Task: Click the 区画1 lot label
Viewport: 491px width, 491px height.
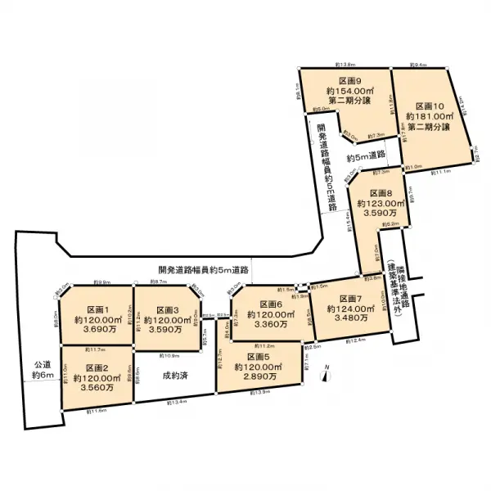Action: [x=97, y=309]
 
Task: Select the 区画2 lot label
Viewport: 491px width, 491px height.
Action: [x=97, y=367]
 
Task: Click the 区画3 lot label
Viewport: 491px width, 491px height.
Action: [x=167, y=309]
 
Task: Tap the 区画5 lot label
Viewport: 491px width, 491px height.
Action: [x=257, y=358]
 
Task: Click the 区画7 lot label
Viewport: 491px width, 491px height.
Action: [x=348, y=298]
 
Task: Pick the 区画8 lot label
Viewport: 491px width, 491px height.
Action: [x=380, y=191]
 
